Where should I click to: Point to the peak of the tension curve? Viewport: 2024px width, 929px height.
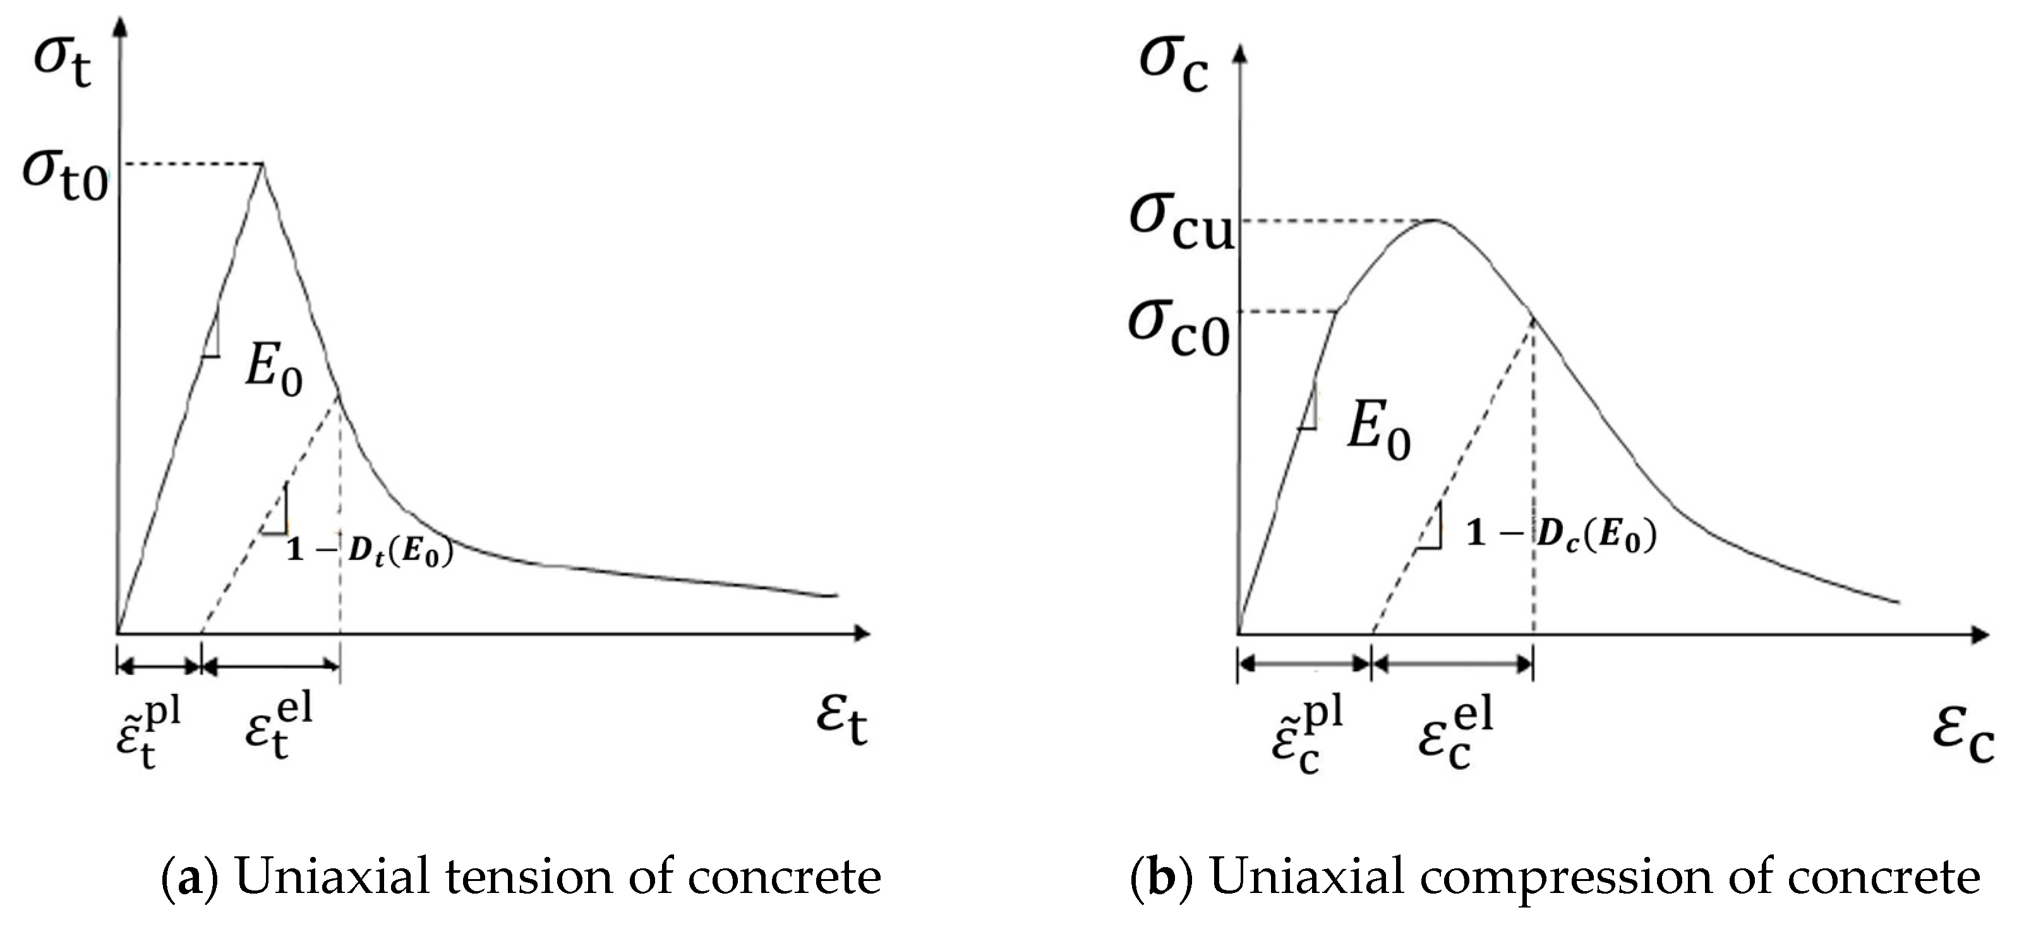tap(262, 164)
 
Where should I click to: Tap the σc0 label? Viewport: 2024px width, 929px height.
tap(1179, 329)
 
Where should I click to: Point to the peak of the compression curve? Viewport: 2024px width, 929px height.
tap(1435, 220)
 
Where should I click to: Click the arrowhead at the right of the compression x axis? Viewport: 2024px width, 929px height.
tap(1981, 633)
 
